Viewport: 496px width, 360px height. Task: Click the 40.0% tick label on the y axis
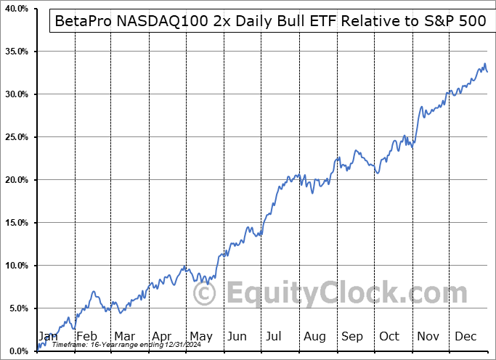click(15, 9)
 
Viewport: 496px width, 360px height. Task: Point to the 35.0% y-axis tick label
click(15, 52)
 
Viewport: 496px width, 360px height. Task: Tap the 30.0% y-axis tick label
click(15, 94)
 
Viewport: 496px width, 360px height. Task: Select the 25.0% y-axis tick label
click(15, 137)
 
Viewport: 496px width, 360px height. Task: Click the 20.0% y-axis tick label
click(15, 180)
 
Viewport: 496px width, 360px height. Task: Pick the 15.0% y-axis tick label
click(15, 223)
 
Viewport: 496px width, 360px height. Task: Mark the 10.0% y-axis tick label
click(15, 266)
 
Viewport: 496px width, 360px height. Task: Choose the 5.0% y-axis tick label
click(17, 308)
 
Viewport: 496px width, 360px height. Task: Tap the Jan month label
click(48, 336)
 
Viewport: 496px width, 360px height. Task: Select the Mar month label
click(124, 336)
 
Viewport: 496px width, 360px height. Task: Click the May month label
click(200, 336)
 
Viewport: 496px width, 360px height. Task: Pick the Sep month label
click(353, 336)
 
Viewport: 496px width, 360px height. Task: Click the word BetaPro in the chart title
click(83, 21)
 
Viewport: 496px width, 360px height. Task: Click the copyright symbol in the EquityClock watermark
click(206, 293)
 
